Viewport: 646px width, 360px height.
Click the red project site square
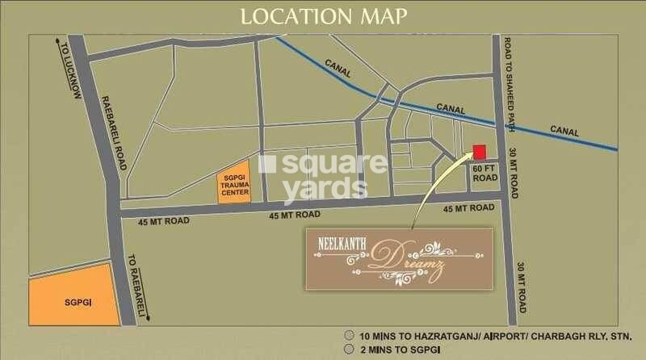(479, 152)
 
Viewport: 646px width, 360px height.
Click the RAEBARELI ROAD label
(113, 133)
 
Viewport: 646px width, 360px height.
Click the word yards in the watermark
(321, 188)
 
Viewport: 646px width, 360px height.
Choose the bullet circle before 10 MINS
(348, 335)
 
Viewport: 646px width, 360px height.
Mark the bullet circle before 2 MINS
(348, 350)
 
